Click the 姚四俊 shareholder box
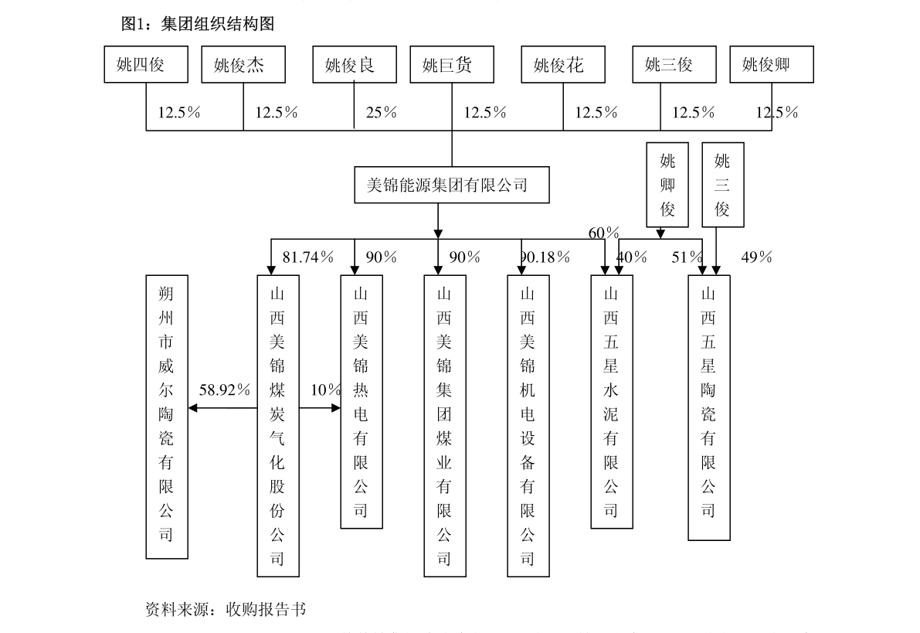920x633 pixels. point(146,65)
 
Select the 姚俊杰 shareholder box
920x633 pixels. point(243,65)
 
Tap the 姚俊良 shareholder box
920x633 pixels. point(355,65)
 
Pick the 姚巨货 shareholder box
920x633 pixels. point(452,65)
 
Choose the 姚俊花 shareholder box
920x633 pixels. point(563,65)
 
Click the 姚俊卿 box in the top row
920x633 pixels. point(772,65)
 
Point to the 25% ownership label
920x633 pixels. point(382,112)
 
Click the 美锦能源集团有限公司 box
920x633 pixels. point(452,185)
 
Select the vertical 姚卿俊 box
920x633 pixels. point(667,185)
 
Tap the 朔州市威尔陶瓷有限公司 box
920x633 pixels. point(167,417)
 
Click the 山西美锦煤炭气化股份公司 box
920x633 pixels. point(278,426)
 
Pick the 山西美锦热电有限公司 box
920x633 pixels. point(362,402)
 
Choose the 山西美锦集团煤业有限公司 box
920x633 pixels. point(445,426)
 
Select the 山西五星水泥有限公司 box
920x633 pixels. point(611,402)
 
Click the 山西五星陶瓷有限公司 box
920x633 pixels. point(709,407)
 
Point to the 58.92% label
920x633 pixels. point(225,390)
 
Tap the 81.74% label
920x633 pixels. point(308,257)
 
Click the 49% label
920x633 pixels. point(756,257)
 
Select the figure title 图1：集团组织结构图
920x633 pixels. point(198,23)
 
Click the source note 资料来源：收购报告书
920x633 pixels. point(226,610)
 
